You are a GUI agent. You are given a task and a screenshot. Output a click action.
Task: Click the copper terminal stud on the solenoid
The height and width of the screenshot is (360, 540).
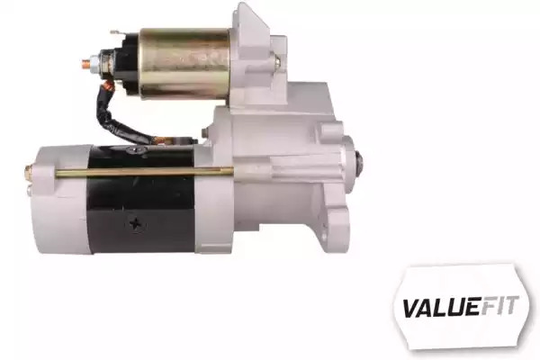point(86,63)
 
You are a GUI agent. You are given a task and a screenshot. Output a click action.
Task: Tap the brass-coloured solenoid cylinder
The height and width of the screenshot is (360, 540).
point(184,64)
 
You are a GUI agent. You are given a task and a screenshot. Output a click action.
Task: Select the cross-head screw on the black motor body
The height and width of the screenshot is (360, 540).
point(137,224)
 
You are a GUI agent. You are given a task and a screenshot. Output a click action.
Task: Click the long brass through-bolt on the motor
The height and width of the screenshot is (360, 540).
point(145,172)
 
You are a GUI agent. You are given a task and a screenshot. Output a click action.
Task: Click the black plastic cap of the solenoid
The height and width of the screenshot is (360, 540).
point(130,63)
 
